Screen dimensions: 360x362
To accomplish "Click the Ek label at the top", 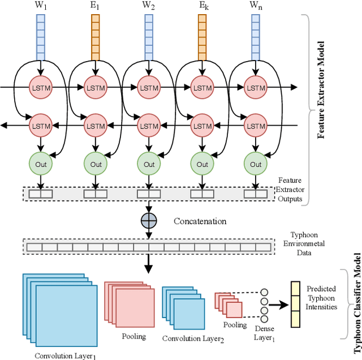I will (x=202, y=7).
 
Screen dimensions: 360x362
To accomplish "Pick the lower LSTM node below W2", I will (x=149, y=123).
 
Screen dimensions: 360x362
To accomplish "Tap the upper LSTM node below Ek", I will (x=202, y=88).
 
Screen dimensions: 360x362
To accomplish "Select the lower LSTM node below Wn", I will (x=256, y=123).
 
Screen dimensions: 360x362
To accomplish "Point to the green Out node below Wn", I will (x=256, y=164).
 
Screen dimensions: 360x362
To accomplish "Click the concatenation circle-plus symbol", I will (x=148, y=221).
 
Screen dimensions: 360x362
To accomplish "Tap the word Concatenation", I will (x=200, y=221).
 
